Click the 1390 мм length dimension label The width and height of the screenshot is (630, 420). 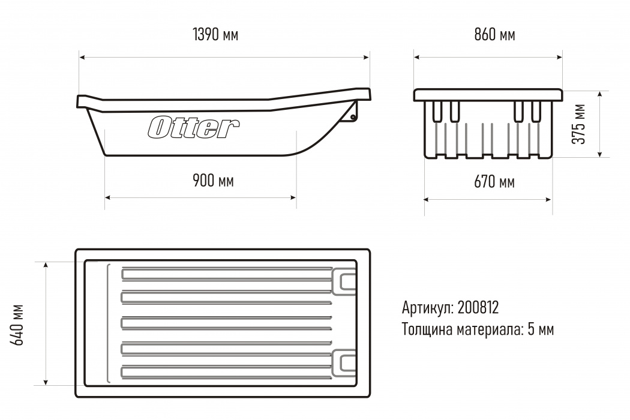215,35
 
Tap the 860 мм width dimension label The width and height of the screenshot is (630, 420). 494,35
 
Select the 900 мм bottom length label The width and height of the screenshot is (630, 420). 213,180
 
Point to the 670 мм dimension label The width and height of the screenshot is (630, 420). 494,182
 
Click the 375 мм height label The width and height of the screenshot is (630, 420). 578,124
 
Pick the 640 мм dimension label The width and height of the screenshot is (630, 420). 17,325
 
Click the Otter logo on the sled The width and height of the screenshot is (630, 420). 194,127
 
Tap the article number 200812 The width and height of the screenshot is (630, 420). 478,308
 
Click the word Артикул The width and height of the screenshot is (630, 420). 428,308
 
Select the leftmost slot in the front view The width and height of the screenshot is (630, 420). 436,112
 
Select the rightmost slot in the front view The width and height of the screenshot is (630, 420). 536,112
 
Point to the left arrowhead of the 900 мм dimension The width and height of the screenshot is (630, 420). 108,196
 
